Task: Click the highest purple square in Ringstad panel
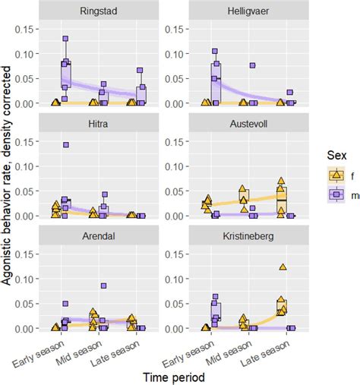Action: point(65,38)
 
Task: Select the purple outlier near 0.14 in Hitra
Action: point(65,144)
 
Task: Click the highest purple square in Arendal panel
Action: point(103,286)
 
